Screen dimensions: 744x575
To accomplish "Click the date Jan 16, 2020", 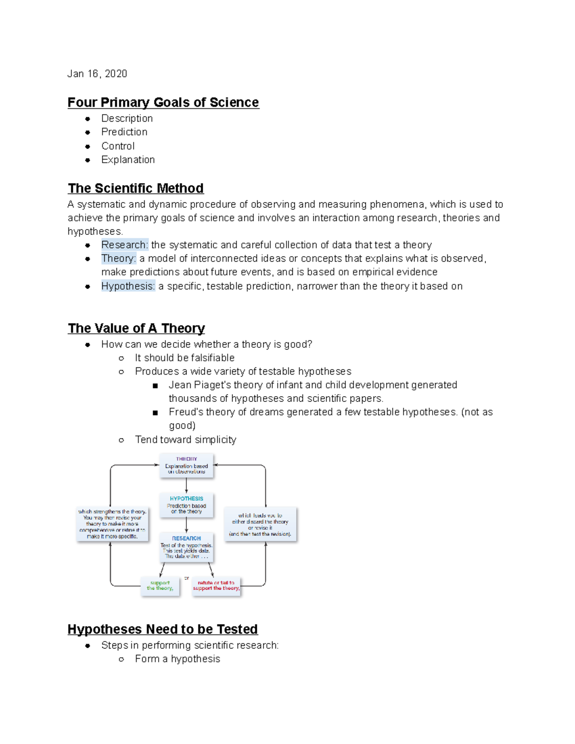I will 97,74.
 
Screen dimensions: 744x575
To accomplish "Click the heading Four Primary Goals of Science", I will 163,103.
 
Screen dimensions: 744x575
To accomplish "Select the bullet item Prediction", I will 124,132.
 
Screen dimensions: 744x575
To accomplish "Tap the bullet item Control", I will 118,146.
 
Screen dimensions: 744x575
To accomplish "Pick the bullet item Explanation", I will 128,160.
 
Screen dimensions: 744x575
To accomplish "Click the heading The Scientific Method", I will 136,188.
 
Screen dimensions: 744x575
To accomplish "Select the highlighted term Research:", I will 125,245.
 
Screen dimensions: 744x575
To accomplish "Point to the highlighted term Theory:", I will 119,259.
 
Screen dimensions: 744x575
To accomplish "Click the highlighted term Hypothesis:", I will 128,286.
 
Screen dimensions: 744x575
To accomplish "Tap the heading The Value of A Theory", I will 136,329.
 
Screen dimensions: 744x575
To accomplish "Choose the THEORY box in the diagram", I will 186,466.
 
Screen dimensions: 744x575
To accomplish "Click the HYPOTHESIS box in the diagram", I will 186,505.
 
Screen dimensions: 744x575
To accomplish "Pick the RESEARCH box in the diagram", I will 186,547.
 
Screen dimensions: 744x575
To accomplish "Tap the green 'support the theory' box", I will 160,586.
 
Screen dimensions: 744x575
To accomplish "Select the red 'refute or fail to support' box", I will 216,586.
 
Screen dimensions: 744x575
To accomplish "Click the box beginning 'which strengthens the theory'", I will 112,524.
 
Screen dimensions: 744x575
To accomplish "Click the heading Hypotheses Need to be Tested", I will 162,630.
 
